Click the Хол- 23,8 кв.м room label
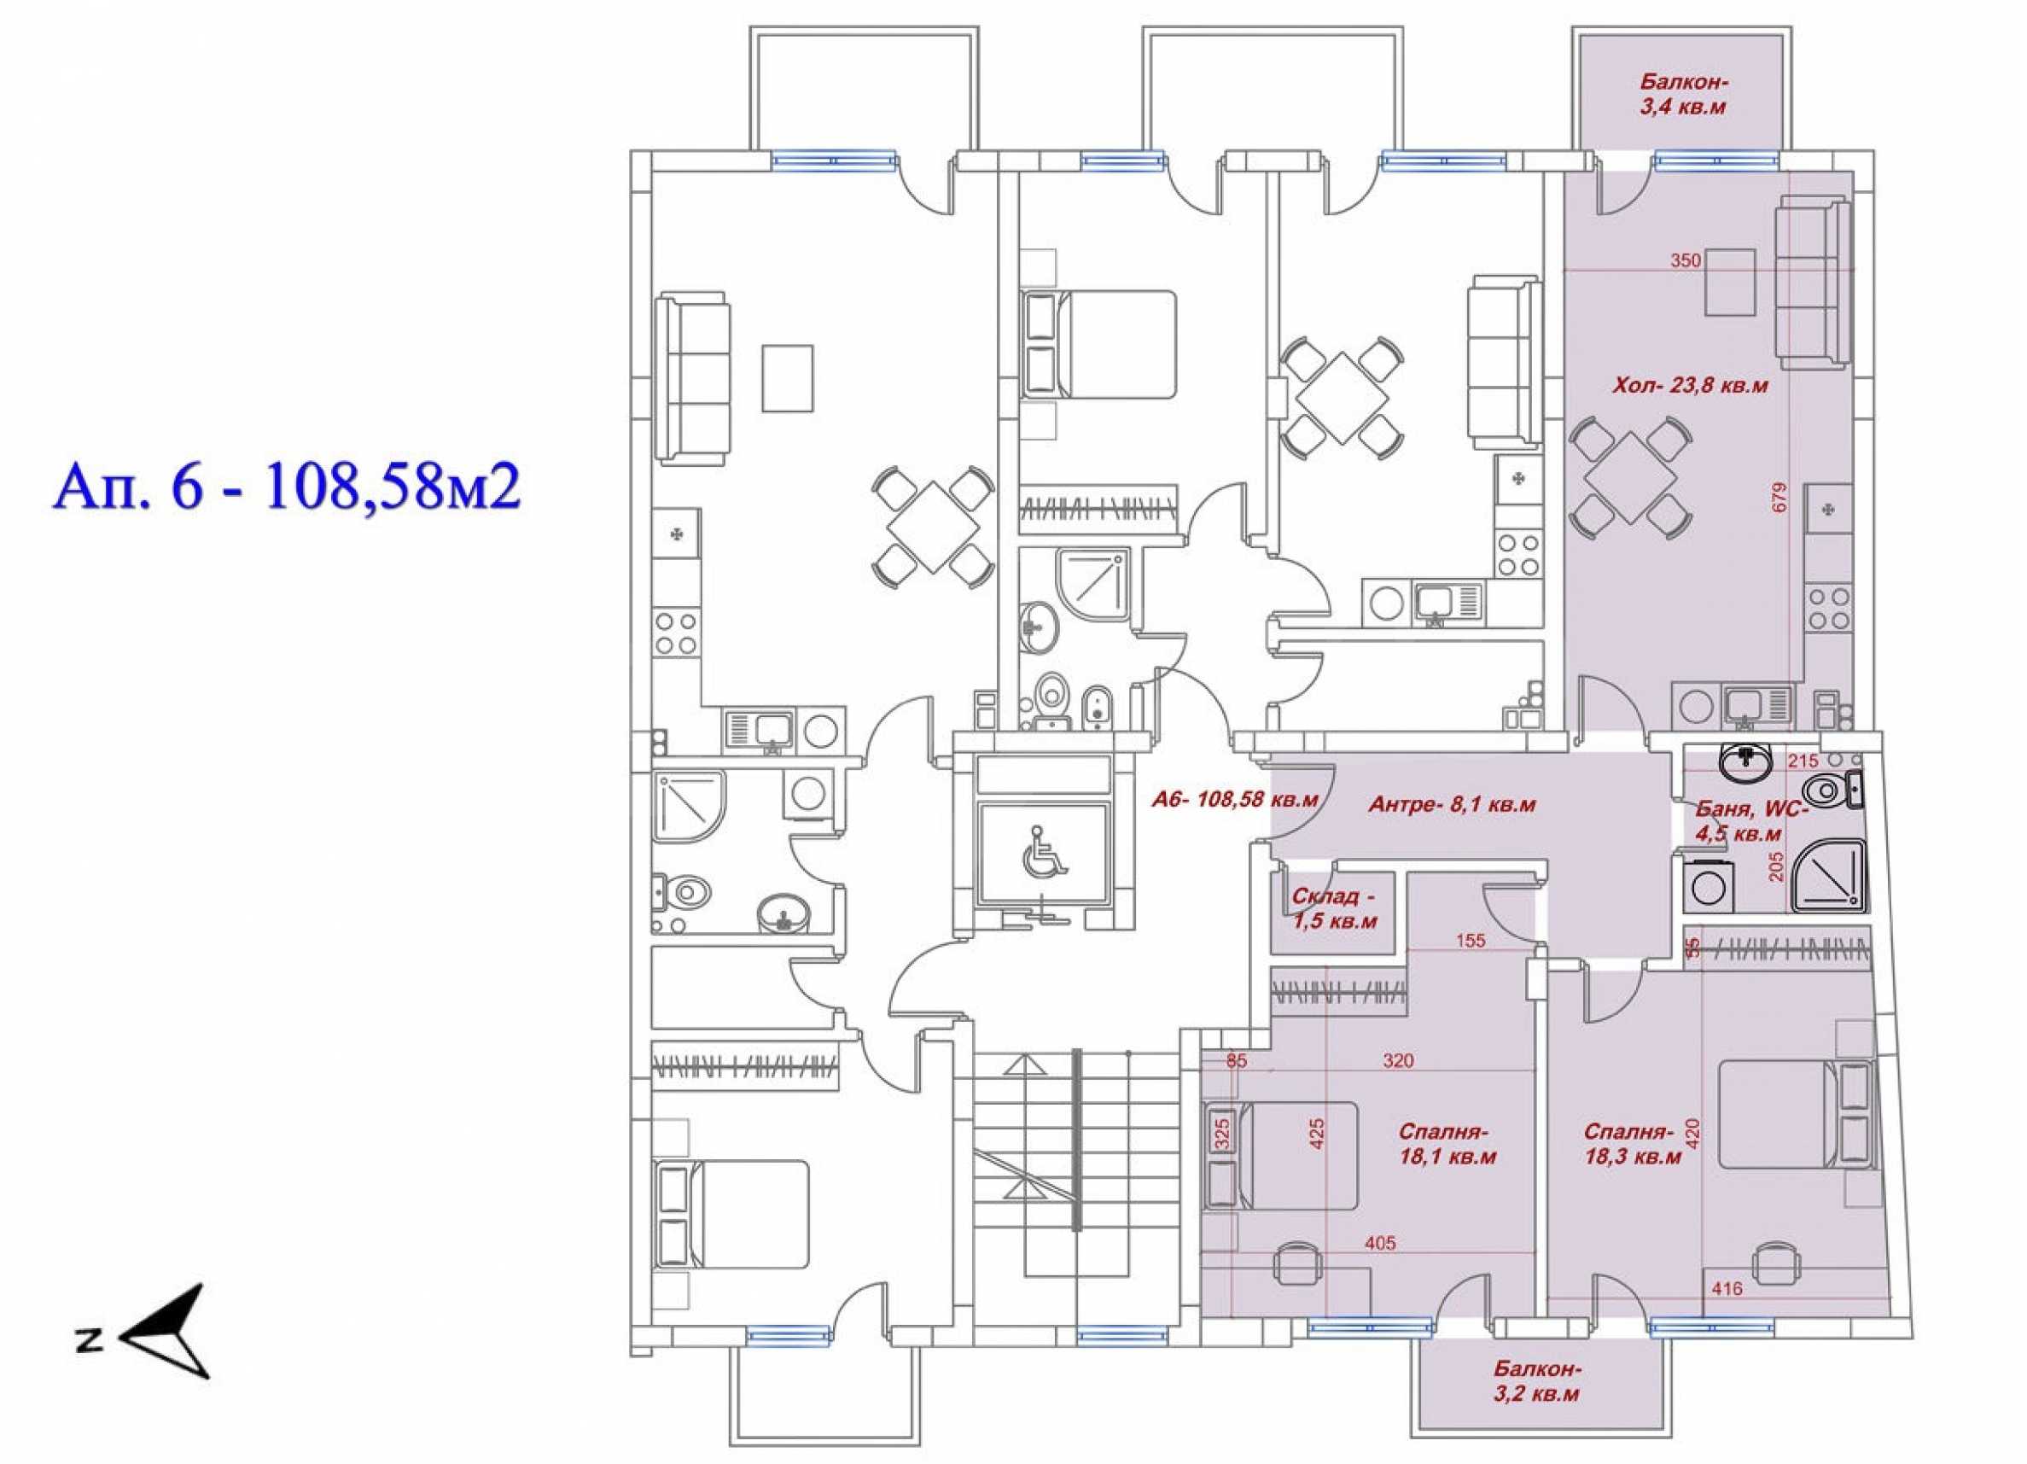[x=1690, y=386]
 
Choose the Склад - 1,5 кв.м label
[x=1332, y=909]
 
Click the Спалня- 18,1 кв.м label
[x=1447, y=1145]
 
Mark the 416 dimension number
[x=1727, y=1313]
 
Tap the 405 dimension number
[x=1379, y=1243]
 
